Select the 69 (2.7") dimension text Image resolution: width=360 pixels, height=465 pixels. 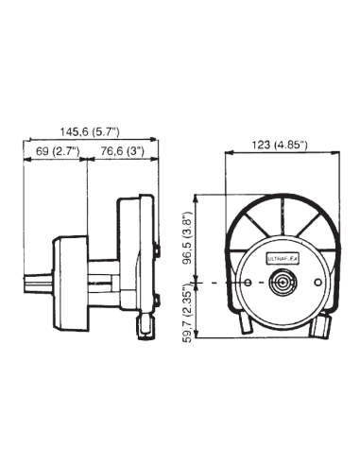55,151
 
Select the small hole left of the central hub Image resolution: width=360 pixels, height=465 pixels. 249,284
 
